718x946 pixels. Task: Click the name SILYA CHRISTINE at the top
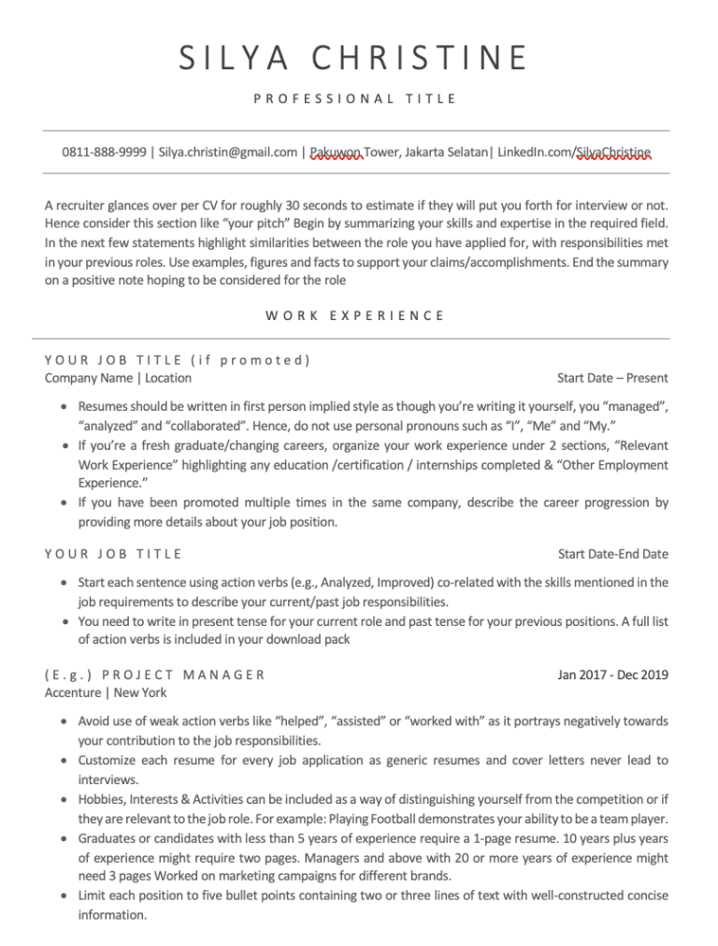pos(354,59)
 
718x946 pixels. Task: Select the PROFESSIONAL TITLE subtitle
pos(354,98)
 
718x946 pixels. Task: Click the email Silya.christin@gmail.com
pos(228,152)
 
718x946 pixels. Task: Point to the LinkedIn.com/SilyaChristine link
pos(575,152)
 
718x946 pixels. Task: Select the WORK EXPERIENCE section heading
pos(354,315)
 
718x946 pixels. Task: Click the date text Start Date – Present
pos(612,378)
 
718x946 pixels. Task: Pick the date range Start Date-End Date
pos(612,554)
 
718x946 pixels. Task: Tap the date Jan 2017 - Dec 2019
pos(612,674)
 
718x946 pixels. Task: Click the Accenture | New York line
pos(106,692)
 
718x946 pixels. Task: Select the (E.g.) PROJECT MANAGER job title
pos(155,674)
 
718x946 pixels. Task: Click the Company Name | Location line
pos(118,378)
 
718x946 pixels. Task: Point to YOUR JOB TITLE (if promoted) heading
pos(178,359)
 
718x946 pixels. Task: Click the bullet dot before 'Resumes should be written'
pos(63,408)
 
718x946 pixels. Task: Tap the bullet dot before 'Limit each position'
pos(63,896)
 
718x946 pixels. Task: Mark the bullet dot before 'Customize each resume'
pos(63,760)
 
